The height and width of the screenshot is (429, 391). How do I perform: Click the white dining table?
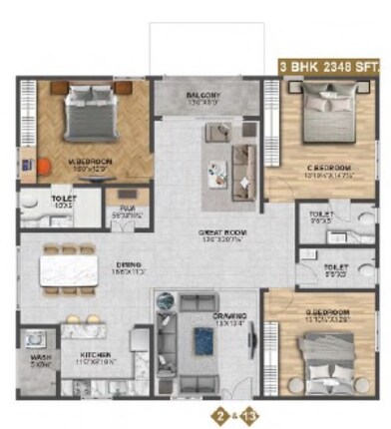click(x=66, y=270)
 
